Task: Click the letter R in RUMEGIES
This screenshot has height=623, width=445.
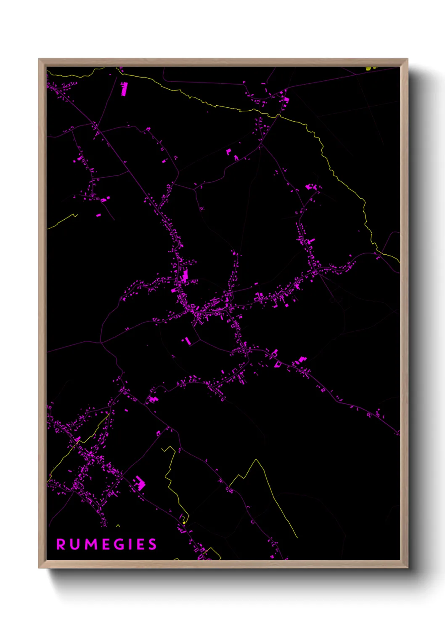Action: click(61, 544)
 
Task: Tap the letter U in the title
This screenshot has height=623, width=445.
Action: click(75, 544)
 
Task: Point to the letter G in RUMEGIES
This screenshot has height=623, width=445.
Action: click(119, 544)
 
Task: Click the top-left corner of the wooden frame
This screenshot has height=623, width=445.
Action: click(39, 59)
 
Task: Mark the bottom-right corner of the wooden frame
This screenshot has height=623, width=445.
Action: click(407, 567)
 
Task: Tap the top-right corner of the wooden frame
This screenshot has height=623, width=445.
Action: click(407, 59)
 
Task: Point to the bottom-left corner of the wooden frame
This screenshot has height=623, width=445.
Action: click(39, 567)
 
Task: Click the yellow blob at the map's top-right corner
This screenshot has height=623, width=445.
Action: click(371, 67)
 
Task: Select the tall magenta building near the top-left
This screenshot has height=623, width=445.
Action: click(124, 89)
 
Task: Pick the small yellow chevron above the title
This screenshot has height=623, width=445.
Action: click(118, 525)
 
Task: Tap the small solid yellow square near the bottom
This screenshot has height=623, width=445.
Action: click(184, 522)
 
